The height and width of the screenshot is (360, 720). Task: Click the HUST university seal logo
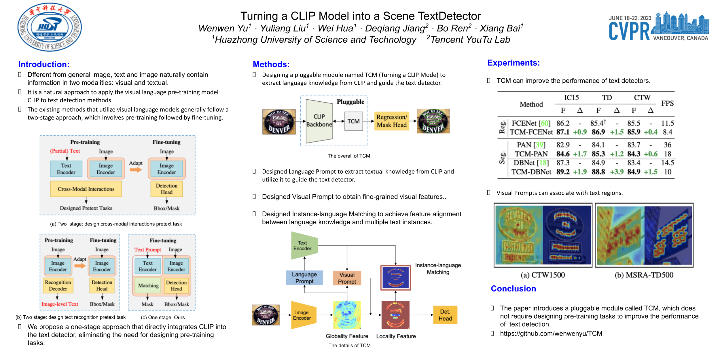(x=50, y=27)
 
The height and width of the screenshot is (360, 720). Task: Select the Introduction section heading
(x=44, y=64)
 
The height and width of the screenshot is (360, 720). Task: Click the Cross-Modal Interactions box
(x=86, y=189)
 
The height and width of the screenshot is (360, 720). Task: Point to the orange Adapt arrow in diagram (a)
(x=136, y=170)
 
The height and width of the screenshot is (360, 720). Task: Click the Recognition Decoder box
(x=58, y=285)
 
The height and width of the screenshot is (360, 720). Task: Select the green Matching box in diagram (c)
(x=148, y=285)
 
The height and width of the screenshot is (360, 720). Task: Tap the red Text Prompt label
(x=147, y=250)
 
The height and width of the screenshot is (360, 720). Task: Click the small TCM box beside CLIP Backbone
(x=353, y=121)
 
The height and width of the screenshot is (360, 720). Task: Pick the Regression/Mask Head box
(x=391, y=121)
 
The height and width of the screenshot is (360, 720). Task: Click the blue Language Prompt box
(x=304, y=278)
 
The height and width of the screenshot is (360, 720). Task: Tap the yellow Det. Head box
(x=445, y=315)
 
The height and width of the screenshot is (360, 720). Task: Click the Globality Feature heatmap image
(x=347, y=315)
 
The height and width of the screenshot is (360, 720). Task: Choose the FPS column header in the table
(x=667, y=103)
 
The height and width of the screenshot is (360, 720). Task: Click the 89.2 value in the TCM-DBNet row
(x=563, y=172)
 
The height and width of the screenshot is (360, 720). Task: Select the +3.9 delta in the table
(x=616, y=172)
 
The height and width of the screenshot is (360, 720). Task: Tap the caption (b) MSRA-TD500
(x=644, y=275)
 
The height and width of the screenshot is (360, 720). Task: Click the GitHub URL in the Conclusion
(x=551, y=334)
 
